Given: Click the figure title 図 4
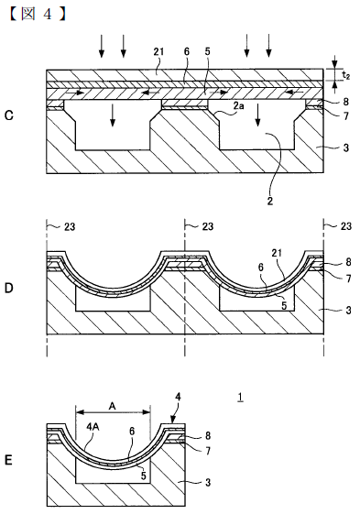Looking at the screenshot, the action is (x=37, y=15).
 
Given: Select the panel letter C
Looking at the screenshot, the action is (x=9, y=115).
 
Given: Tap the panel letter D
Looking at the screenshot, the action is (x=9, y=288).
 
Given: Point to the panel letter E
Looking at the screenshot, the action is (x=9, y=460).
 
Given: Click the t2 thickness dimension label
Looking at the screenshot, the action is (x=346, y=76).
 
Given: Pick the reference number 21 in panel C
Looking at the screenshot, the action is (x=158, y=51).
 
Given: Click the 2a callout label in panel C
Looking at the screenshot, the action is (x=238, y=106).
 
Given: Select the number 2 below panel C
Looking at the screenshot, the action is (x=270, y=201).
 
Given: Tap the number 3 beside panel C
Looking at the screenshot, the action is (x=346, y=148).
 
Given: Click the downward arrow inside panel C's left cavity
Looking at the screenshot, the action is (x=113, y=115).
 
